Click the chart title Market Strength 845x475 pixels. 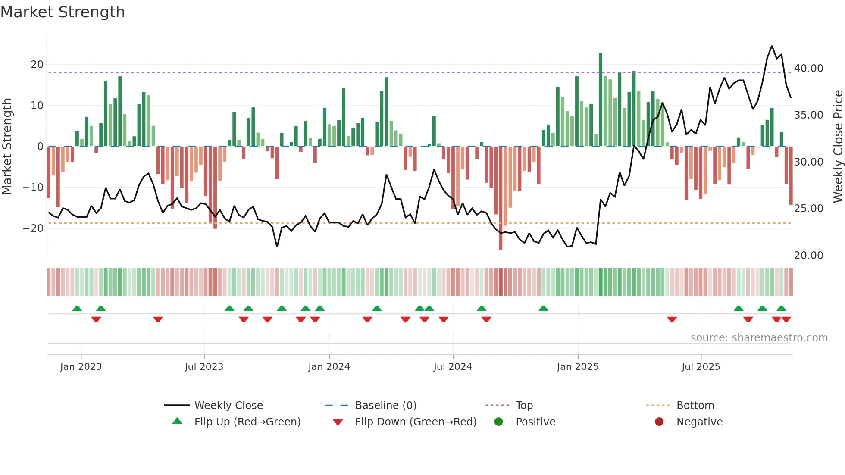(63, 12)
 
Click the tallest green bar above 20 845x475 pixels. (601, 99)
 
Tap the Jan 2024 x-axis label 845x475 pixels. (329, 367)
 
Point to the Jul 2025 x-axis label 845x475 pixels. (701, 367)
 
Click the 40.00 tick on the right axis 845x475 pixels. (808, 69)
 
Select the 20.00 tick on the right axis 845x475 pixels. (808, 256)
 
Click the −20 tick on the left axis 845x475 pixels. (33, 228)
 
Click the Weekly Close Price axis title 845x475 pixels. (838, 147)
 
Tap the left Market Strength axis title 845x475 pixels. (7, 147)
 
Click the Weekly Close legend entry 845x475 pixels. (228, 406)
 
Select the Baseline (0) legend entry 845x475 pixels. (385, 406)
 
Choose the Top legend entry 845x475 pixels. (524, 406)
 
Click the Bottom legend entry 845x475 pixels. (695, 406)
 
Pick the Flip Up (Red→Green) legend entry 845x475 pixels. (247, 422)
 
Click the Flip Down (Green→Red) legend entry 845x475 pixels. (416, 422)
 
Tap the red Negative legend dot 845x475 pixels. (659, 422)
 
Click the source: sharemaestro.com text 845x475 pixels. (759, 338)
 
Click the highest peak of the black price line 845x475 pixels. (772, 46)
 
